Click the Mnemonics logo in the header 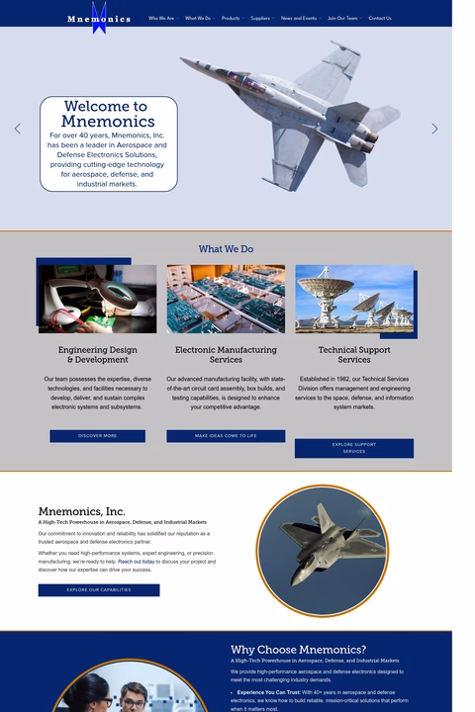[x=99, y=18]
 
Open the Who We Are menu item [x=161, y=18]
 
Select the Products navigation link [x=231, y=18]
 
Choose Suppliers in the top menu [x=260, y=18]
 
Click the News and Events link [x=299, y=18]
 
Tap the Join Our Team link [x=342, y=18]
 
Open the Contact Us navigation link [x=380, y=18]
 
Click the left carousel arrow [x=18, y=129]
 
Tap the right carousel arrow [x=434, y=129]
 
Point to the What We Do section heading [x=226, y=249]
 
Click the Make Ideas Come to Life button [x=226, y=436]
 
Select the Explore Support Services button [x=353, y=448]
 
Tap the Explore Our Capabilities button [x=99, y=590]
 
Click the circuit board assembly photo [x=226, y=299]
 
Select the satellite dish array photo [x=353, y=299]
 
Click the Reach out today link [x=137, y=562]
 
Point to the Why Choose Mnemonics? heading [x=298, y=649]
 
